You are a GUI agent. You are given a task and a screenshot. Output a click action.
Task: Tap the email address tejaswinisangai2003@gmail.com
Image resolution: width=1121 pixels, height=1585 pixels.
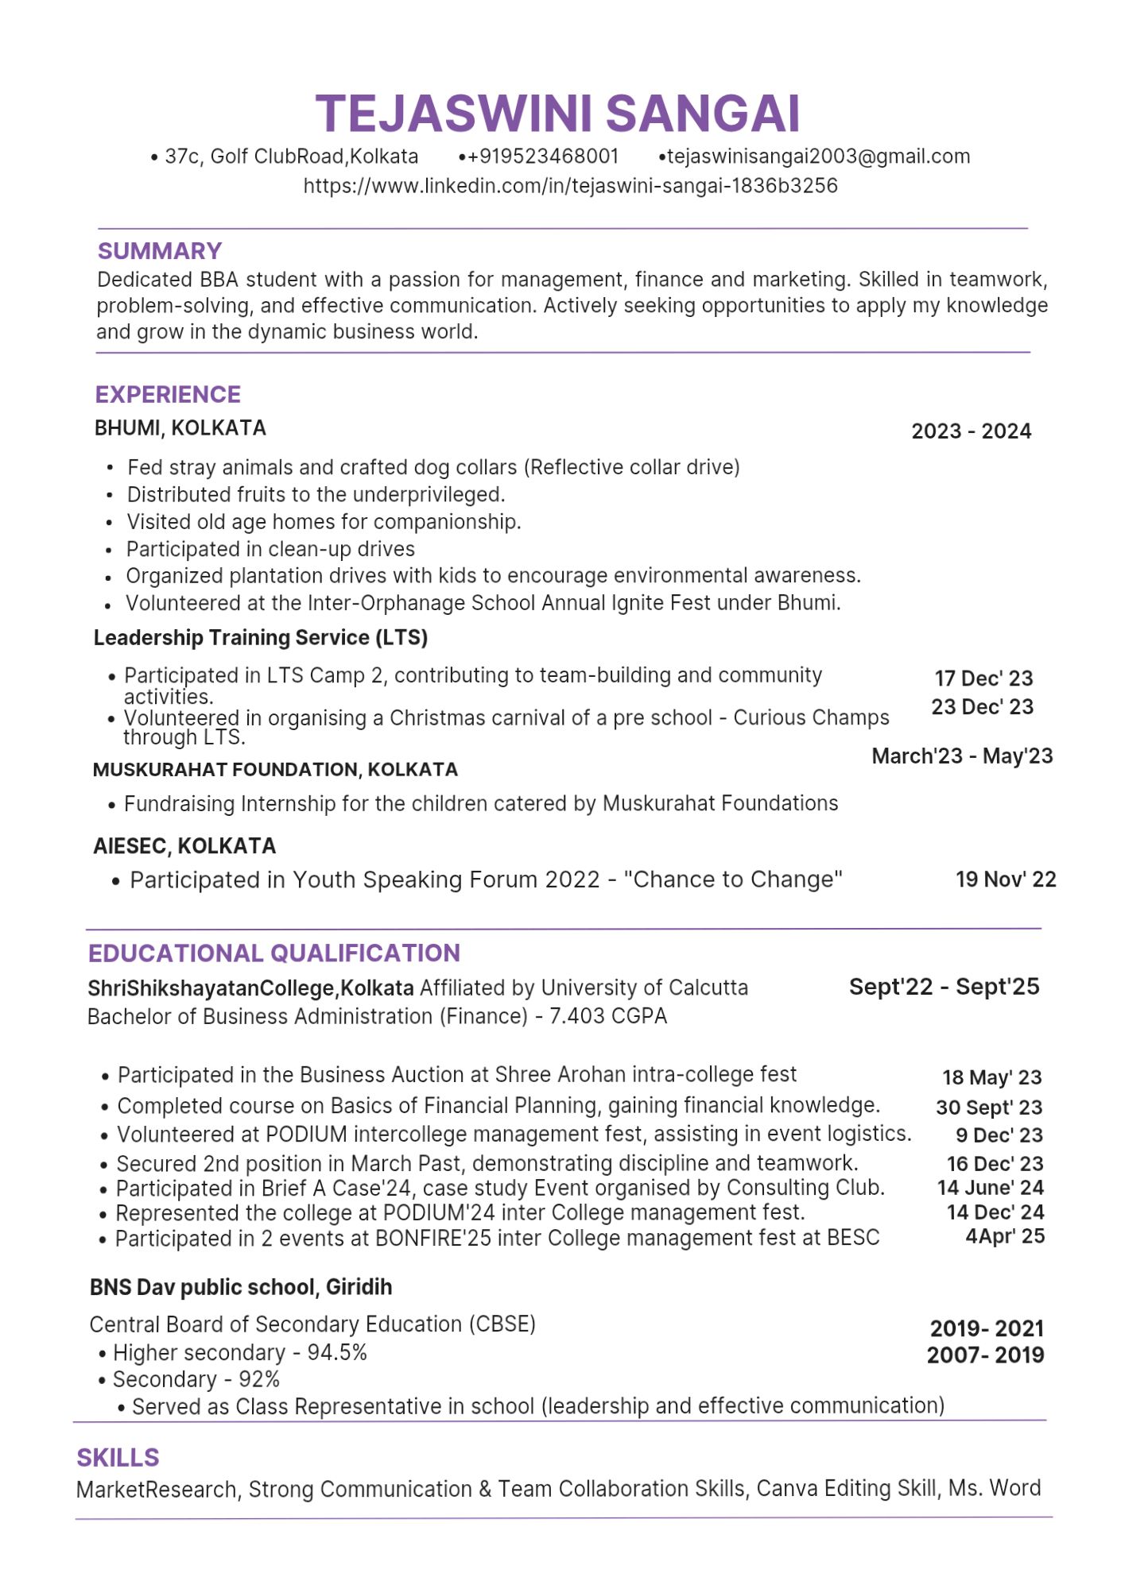818,157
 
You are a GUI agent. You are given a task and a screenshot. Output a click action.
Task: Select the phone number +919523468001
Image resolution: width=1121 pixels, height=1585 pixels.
543,157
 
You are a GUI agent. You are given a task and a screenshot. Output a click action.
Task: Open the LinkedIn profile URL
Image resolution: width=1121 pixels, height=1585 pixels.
570,186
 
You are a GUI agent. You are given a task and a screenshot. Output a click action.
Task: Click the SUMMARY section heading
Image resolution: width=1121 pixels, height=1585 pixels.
159,251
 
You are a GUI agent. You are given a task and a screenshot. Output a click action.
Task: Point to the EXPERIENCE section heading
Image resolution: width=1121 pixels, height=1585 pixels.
168,395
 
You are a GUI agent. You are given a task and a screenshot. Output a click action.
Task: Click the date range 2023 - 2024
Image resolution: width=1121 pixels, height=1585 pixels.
971,431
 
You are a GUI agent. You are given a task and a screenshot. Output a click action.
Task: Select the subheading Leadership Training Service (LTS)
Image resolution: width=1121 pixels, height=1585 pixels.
261,638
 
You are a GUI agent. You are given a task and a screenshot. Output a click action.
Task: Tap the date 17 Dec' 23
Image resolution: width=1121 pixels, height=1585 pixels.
983,678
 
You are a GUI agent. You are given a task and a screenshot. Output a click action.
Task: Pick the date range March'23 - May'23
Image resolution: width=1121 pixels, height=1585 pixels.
962,756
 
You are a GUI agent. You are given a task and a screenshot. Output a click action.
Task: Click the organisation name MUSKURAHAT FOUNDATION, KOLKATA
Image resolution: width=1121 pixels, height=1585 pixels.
275,770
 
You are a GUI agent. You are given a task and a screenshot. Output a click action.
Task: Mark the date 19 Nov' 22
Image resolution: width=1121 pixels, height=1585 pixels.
1006,879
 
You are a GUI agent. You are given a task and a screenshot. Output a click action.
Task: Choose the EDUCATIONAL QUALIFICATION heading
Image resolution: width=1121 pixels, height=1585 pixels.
274,953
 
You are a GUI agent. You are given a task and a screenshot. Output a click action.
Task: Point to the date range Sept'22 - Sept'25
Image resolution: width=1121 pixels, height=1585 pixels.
944,987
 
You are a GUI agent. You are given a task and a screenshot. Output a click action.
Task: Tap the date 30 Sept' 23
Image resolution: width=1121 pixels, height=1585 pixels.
989,1108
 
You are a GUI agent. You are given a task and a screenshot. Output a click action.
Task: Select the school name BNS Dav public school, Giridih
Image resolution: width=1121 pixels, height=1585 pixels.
241,1287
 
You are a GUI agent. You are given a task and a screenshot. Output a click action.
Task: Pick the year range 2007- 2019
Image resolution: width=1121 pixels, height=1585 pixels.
985,1355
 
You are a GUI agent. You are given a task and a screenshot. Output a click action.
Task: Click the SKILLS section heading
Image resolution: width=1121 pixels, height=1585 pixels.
118,1458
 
